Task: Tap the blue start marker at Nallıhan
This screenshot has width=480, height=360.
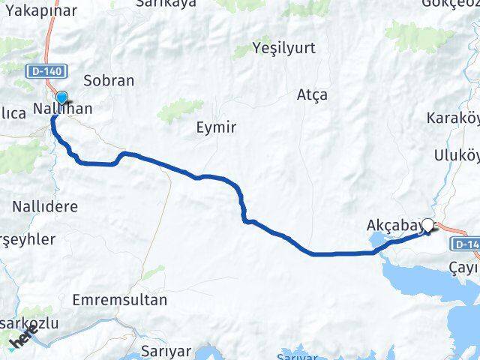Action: [61, 97]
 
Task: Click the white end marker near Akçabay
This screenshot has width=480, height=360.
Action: [428, 224]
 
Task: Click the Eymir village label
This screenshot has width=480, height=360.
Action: [215, 127]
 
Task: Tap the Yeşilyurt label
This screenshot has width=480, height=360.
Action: [284, 48]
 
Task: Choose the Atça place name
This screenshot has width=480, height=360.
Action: [312, 95]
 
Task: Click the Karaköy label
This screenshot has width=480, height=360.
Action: [452, 118]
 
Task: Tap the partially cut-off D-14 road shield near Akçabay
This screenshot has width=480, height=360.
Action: [464, 244]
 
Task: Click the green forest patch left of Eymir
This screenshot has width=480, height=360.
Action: [181, 111]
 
